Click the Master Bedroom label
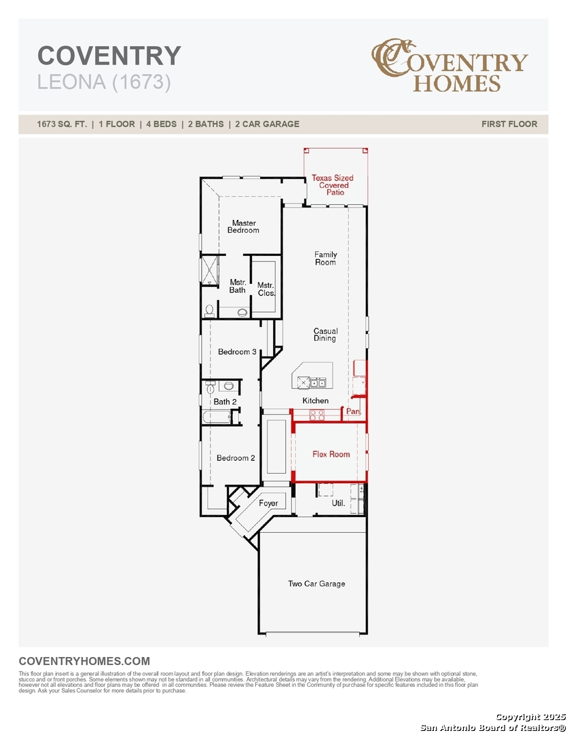pos(243,227)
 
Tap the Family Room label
pos(326,258)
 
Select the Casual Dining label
pos(326,335)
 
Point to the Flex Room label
pos(331,454)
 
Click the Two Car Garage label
pos(316,584)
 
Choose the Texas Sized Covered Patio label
pos(333,185)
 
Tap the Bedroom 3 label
pos(237,352)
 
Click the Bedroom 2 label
pos(236,457)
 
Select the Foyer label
pos(268,503)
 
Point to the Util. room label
pos(338,503)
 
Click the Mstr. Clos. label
pos(266,289)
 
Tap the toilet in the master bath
pos(210,311)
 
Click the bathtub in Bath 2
pos(217,416)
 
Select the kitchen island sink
pos(318,383)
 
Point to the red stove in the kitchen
pos(317,415)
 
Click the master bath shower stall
pos(210,270)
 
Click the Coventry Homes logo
pos(450,65)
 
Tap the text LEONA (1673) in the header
pos(104,82)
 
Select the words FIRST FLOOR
pos(509,124)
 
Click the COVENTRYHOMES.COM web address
pos(84,661)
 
